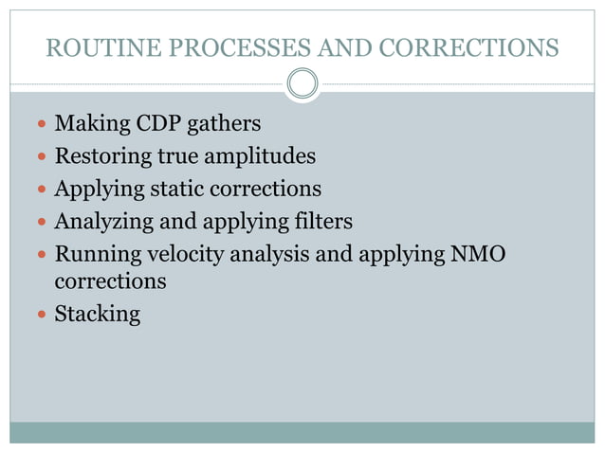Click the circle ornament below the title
tap(302, 84)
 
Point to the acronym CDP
tap(145, 124)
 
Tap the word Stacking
tap(97, 314)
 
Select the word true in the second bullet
tap(174, 156)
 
